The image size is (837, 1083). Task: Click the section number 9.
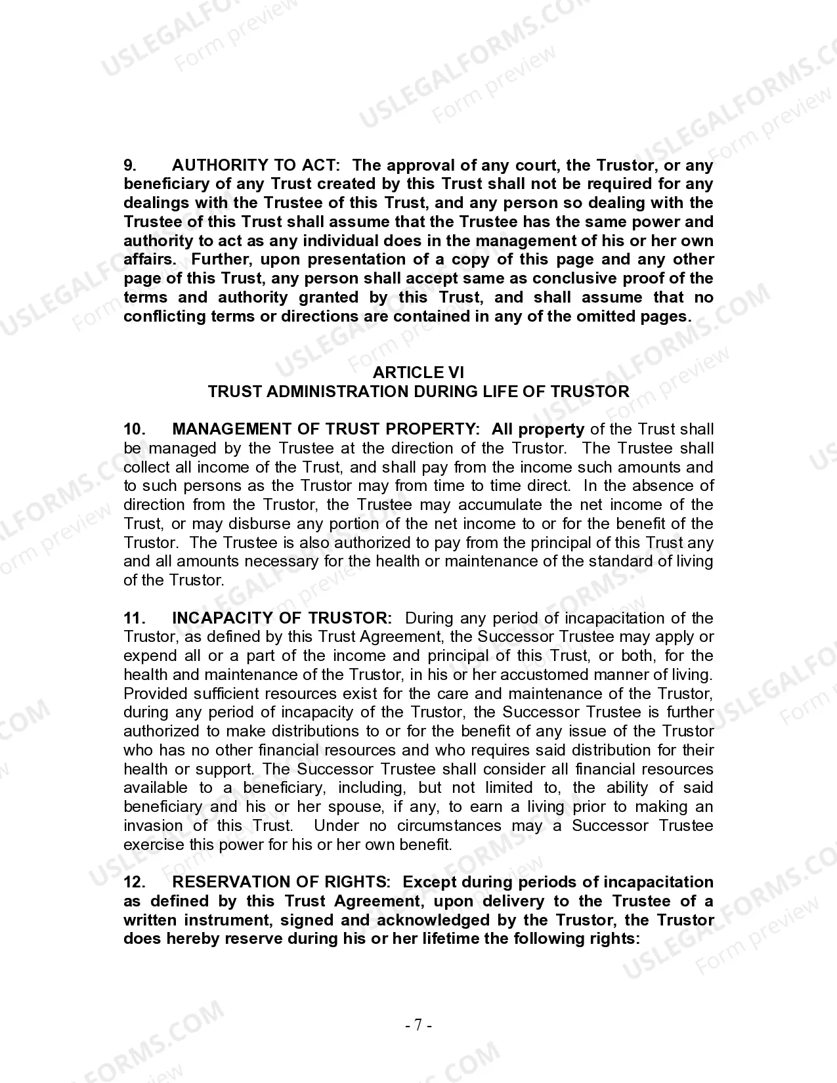[130, 165]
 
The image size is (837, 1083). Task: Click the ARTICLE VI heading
[418, 373]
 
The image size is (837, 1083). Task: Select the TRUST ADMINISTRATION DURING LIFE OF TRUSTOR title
[418, 392]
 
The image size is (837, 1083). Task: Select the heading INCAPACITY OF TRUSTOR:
[282, 618]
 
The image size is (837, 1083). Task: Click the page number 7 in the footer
[418, 1025]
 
